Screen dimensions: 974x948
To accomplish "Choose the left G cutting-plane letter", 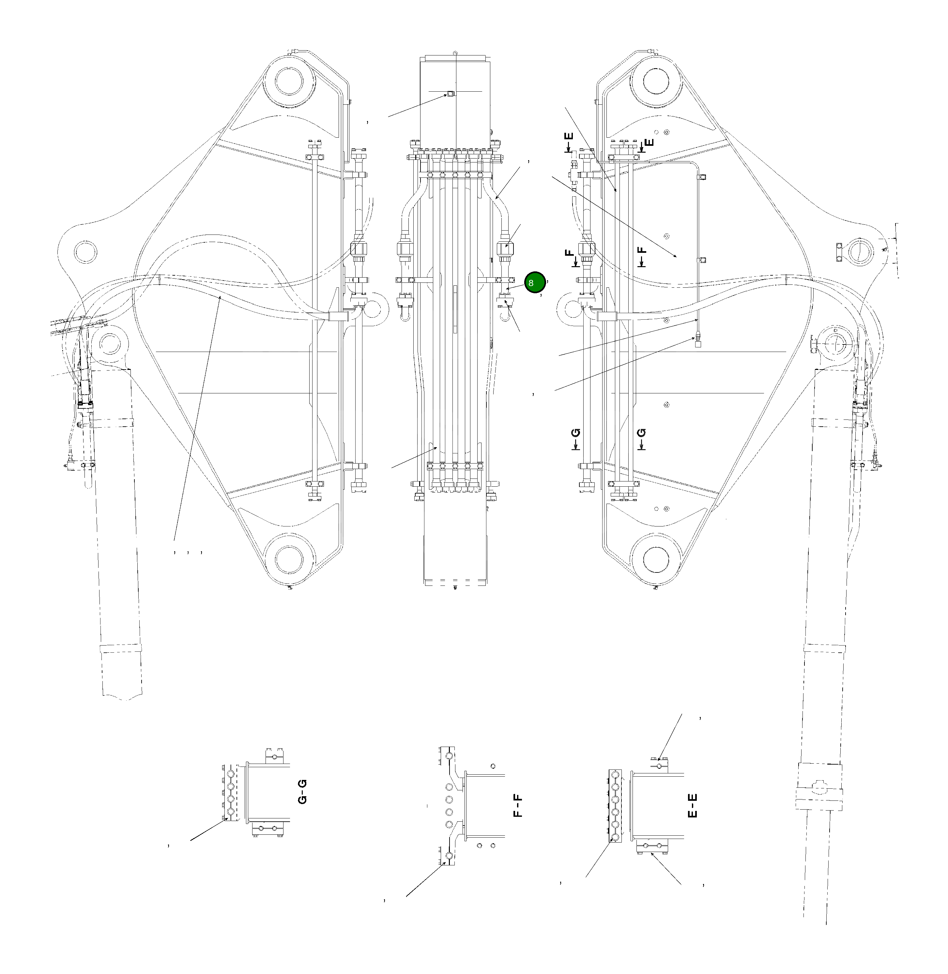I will pos(576,433).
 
